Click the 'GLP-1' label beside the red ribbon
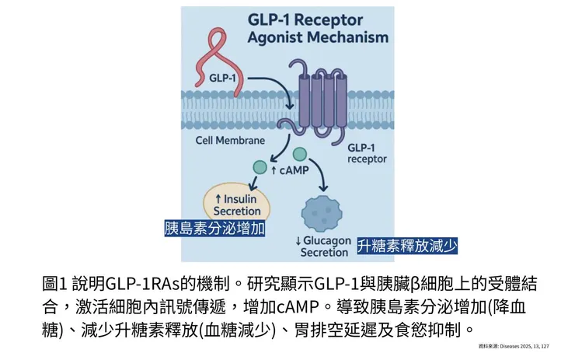click(225, 79)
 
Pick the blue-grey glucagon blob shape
click(322, 211)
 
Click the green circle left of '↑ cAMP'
click(260, 167)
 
